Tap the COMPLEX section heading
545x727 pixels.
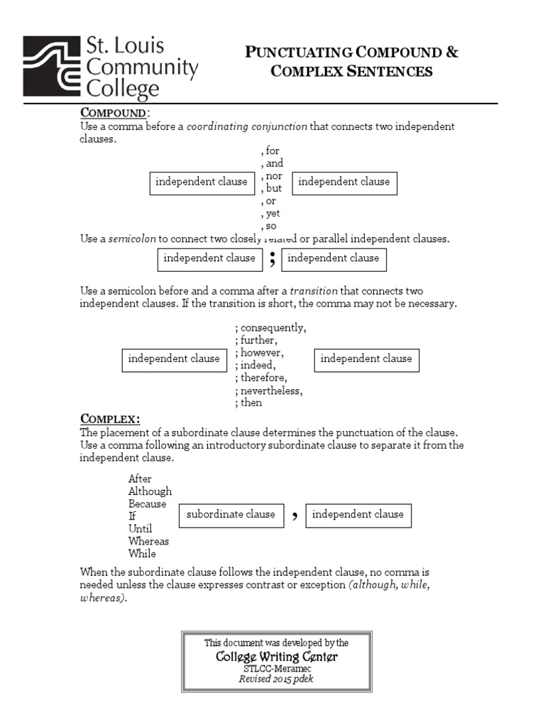110,417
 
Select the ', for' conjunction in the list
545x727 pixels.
270,151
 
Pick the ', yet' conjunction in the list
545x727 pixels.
270,214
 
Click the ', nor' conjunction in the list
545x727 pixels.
271,176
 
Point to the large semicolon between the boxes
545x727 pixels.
272,260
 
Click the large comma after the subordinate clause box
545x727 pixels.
294,516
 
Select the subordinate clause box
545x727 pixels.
231,515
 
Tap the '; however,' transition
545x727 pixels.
260,353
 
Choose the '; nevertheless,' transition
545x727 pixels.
269,390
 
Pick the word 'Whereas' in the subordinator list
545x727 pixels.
148,541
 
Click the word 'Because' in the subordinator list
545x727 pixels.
147,504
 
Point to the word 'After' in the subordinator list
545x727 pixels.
140,479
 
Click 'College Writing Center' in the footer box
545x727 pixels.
277,657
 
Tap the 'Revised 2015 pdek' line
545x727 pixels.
276,679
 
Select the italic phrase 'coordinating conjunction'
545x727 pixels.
247,126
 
